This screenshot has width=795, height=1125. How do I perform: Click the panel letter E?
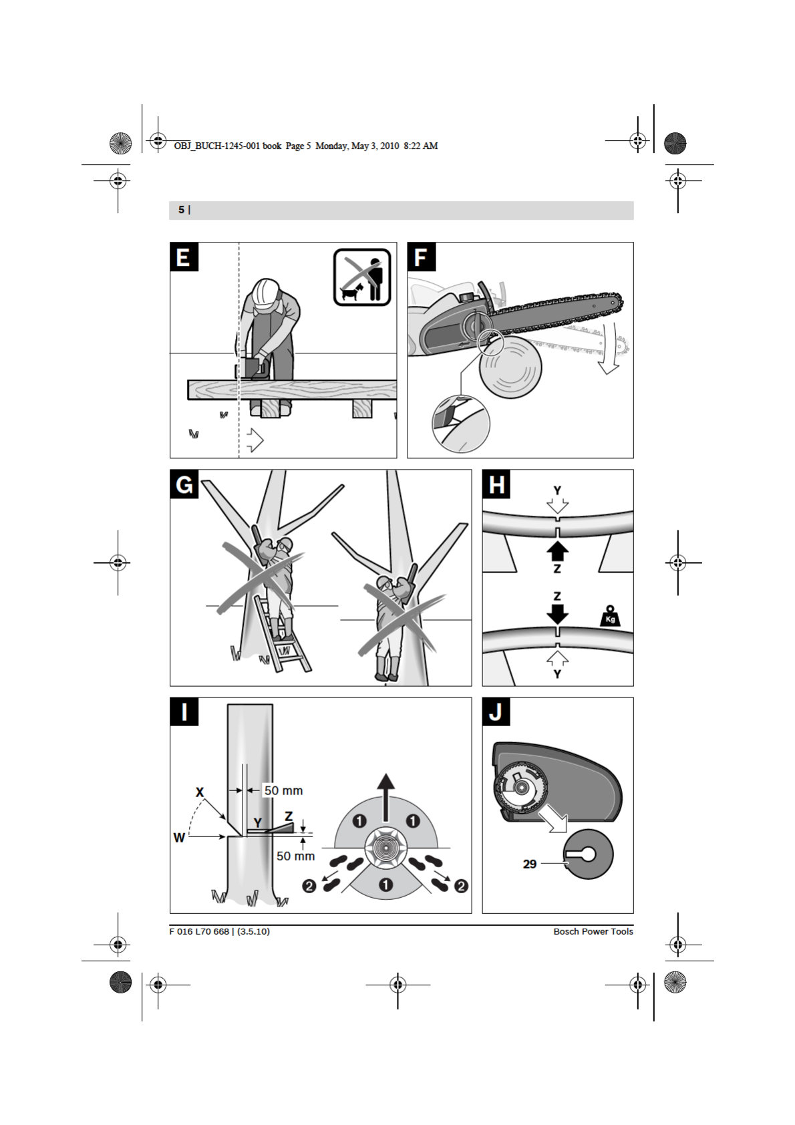pos(184,257)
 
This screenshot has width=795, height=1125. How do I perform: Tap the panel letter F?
pos(421,257)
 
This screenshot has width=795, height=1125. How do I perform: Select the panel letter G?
pos(184,484)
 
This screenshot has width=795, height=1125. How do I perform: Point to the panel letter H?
pos(496,484)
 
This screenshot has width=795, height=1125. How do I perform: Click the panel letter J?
pos(496,712)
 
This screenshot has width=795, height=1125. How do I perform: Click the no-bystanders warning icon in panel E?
pos(362,277)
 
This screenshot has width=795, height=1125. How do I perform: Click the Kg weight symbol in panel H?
pos(610,616)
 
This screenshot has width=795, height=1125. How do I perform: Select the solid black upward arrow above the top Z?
pos(557,551)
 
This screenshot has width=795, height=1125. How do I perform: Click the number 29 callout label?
pos(530,864)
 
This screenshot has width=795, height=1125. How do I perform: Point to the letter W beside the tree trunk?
pos(179,838)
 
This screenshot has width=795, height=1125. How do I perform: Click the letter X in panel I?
pos(199,792)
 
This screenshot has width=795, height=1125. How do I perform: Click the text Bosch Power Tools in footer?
pos(593,931)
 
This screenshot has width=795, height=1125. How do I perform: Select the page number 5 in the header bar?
pos(181,210)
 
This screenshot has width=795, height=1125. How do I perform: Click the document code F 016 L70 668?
pos(199,931)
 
